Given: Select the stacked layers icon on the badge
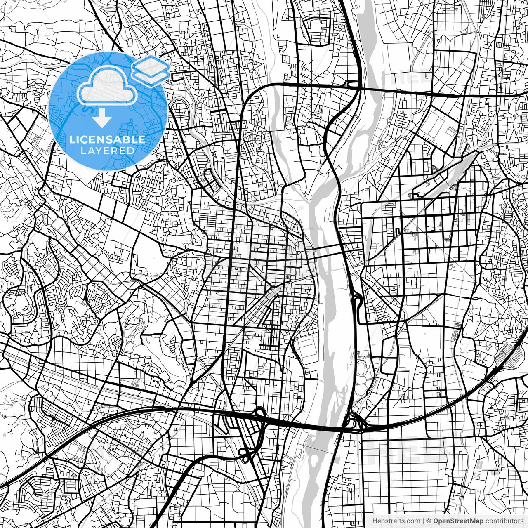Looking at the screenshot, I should (x=151, y=70).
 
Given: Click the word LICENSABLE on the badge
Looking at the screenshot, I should (x=107, y=139).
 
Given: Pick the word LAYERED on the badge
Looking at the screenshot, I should (x=107, y=151).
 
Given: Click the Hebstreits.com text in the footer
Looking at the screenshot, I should (x=396, y=521).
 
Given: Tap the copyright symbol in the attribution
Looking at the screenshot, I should (x=429, y=521).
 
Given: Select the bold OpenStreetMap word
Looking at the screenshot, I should (x=458, y=521).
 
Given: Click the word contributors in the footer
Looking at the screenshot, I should (x=504, y=521).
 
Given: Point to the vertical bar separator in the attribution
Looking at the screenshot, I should (x=423, y=521).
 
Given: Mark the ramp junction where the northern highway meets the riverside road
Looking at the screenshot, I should (x=353, y=84).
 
